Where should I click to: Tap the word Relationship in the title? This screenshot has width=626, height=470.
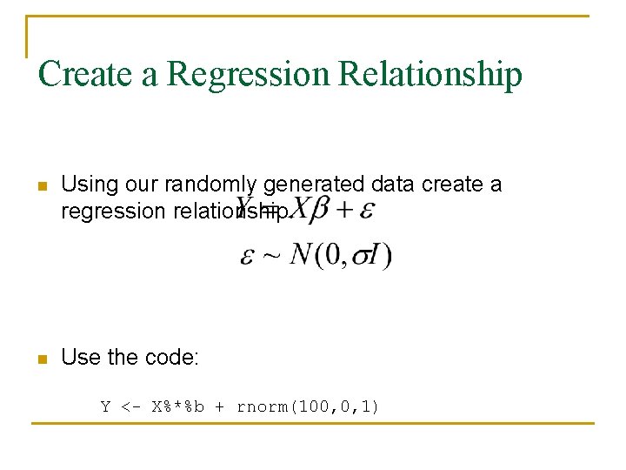click(x=430, y=76)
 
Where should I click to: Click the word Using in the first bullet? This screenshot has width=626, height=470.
click(x=86, y=185)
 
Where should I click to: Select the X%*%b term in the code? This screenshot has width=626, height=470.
click(x=177, y=406)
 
